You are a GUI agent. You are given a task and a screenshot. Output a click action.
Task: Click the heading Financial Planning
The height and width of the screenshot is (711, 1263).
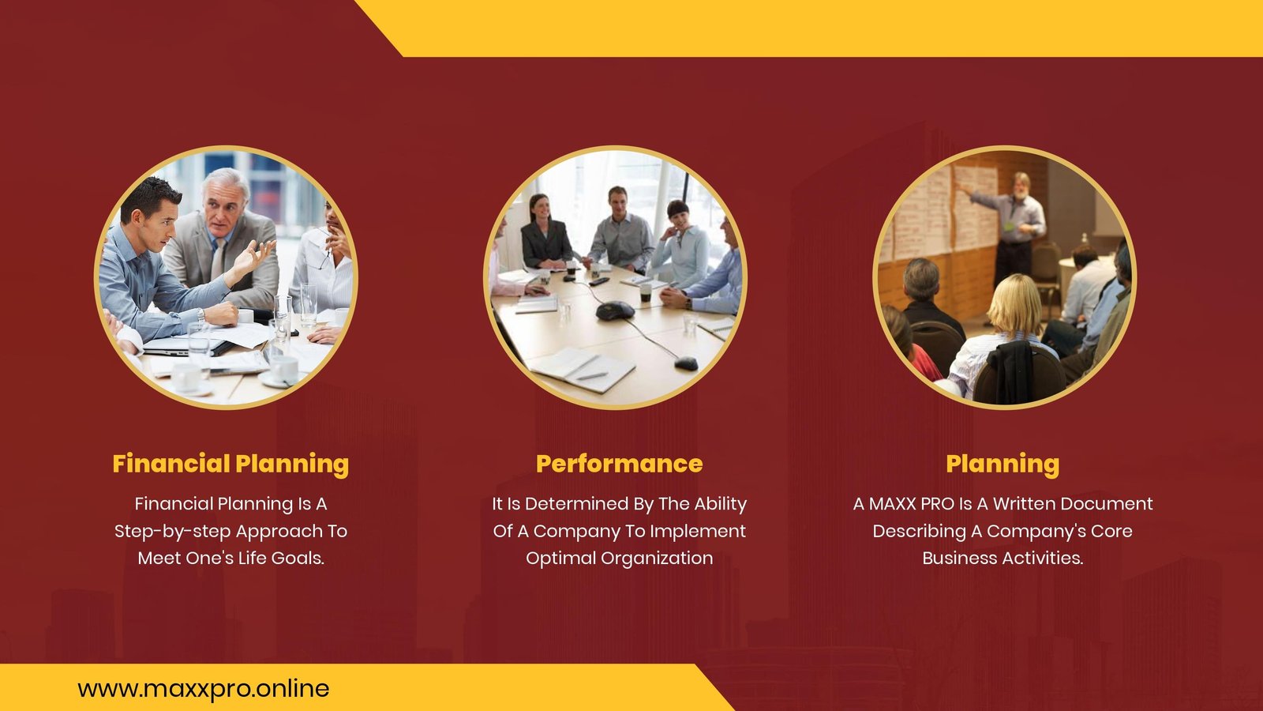(230, 465)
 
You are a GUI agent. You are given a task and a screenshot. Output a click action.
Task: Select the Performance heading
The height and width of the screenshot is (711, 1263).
(619, 464)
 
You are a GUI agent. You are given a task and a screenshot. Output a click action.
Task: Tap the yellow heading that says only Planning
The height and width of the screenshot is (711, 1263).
(1003, 465)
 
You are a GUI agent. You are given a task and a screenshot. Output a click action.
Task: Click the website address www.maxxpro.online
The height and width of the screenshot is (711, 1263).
(204, 689)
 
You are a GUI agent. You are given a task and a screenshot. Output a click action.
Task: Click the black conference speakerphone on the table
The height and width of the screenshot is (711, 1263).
(615, 310)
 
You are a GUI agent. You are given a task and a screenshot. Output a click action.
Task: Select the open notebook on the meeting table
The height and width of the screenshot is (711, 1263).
(581, 369)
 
